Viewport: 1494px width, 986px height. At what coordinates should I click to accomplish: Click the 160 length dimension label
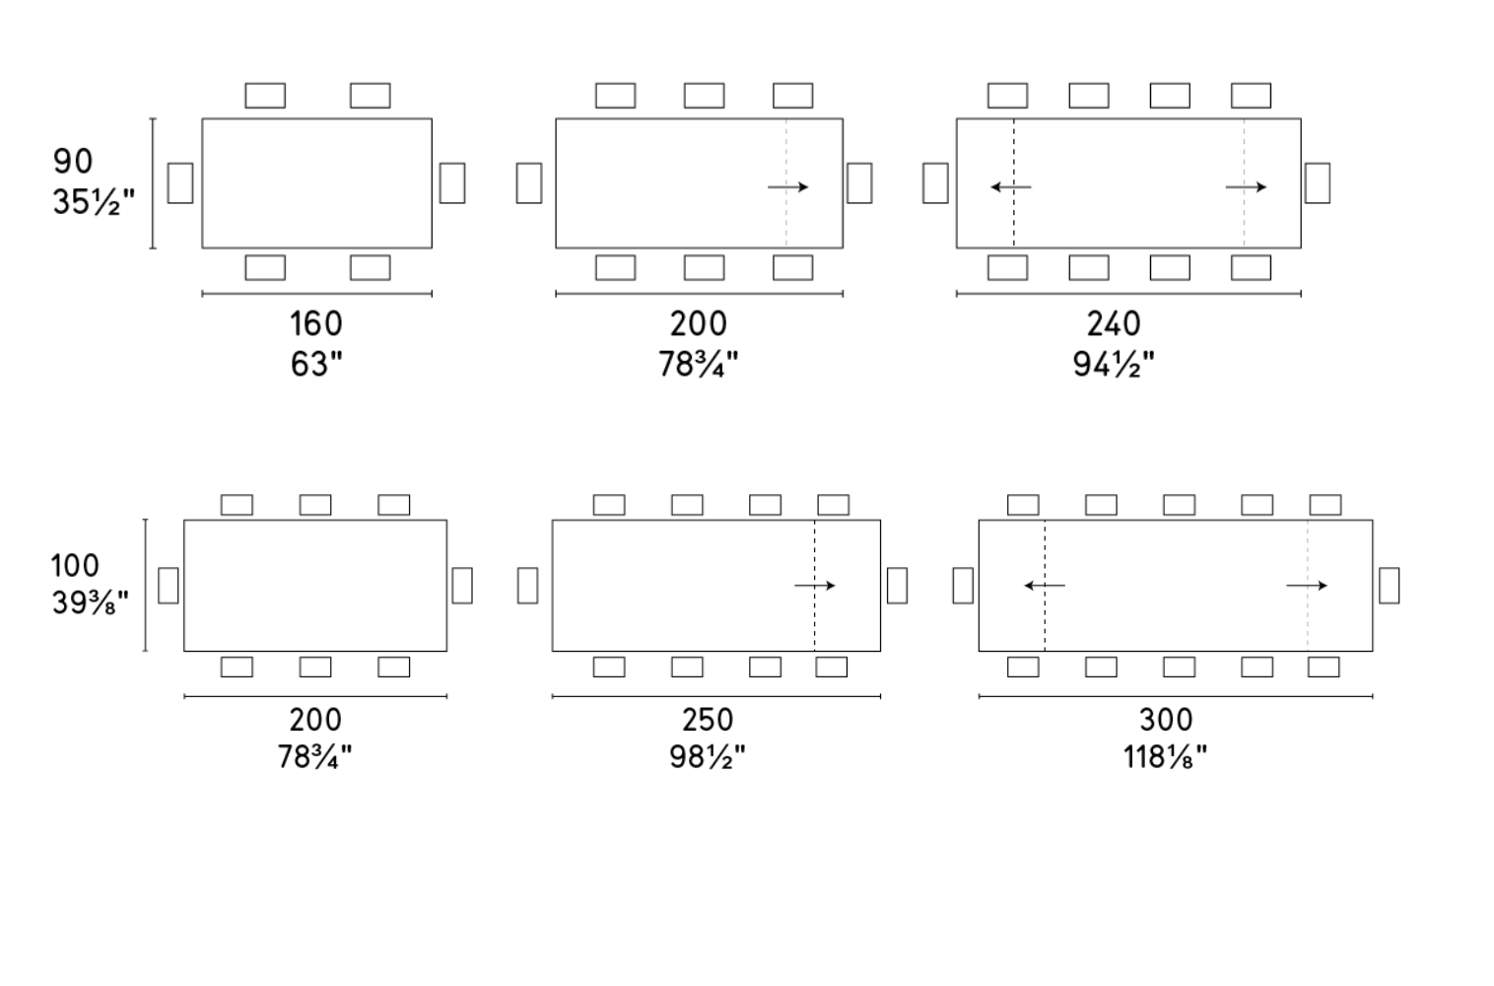pos(316,323)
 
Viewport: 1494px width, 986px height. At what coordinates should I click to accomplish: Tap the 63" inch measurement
pos(316,364)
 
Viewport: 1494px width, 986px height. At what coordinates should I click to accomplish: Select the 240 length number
pos(1114,323)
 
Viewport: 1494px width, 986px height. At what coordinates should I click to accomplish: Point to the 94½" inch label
pos(1114,364)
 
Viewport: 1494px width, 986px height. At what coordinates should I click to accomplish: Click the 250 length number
pos(708,720)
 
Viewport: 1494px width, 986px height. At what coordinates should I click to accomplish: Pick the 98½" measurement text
pos(708,757)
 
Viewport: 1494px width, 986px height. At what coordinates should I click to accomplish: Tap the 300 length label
pos(1166,720)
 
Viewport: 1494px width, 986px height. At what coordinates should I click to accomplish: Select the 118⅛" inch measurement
pos(1165,757)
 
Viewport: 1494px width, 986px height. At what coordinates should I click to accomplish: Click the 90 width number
pos(73,162)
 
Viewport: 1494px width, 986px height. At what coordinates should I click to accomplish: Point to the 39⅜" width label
pos(90,603)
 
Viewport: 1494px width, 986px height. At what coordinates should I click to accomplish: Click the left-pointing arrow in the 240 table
pos(1011,187)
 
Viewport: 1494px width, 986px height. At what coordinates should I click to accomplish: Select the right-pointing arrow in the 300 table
pos(1307,586)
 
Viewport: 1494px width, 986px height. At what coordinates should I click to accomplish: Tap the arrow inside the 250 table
pos(814,586)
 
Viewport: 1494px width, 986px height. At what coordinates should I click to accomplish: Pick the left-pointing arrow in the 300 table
pos(1045,586)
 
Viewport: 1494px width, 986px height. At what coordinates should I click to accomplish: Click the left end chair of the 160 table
pos(180,182)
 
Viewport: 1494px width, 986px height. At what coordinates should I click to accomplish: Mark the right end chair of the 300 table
pos(1390,586)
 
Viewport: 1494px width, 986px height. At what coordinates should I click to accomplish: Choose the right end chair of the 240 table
pos(1318,182)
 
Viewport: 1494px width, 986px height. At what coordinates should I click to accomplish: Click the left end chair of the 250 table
pos(527,586)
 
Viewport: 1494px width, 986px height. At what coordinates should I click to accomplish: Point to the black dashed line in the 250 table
pos(814,586)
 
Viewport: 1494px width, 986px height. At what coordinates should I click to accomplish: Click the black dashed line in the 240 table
pos(1014,183)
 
